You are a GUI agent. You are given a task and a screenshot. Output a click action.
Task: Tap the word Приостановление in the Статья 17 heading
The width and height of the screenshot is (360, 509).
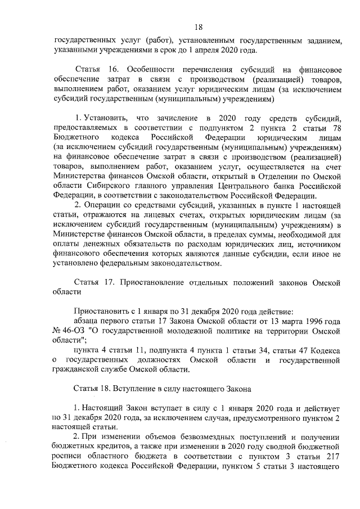click(151, 282)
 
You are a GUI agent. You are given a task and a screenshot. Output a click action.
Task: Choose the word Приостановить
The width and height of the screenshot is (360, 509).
click(100, 312)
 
